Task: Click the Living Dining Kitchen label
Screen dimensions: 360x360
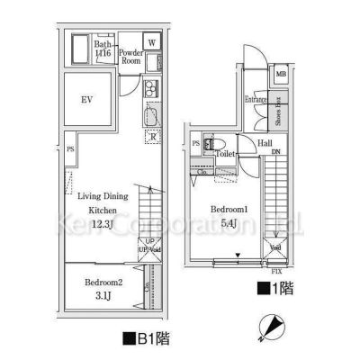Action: (x=102, y=202)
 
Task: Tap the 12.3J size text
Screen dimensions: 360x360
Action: (x=103, y=223)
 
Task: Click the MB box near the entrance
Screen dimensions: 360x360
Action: (x=282, y=74)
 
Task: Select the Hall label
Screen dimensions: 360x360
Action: (x=266, y=142)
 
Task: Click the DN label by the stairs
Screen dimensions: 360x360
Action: (x=275, y=153)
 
